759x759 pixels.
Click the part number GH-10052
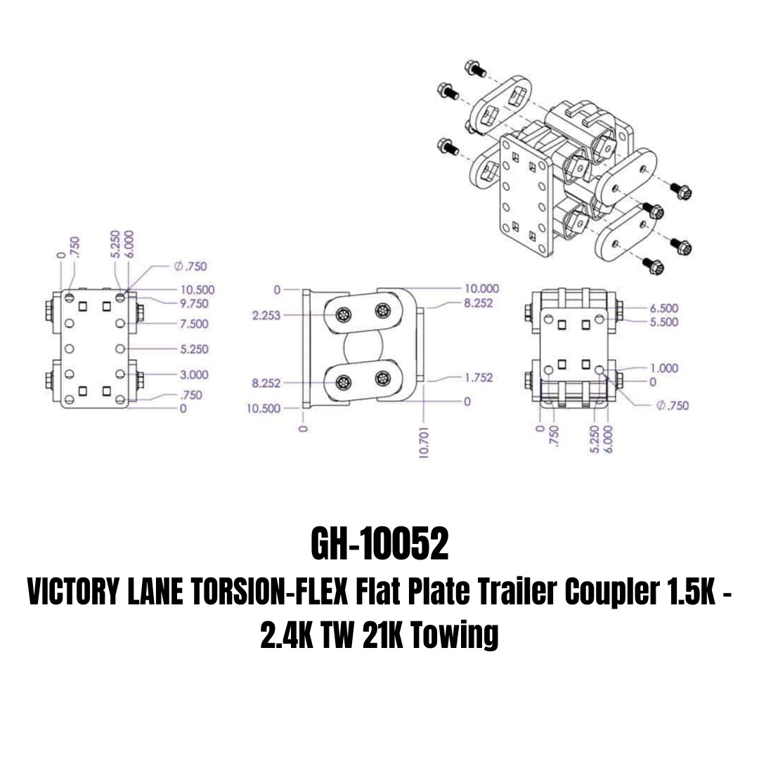click(x=379, y=544)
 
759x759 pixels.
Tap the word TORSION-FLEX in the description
click(x=270, y=592)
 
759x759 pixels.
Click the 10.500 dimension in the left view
click(x=197, y=290)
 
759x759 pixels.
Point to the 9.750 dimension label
click(x=194, y=304)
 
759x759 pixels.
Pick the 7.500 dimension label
click(x=194, y=323)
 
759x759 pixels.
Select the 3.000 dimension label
click(x=194, y=375)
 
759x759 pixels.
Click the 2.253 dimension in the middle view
click(x=266, y=316)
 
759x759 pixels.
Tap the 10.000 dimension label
click(x=481, y=289)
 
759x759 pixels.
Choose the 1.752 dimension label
click(x=479, y=377)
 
